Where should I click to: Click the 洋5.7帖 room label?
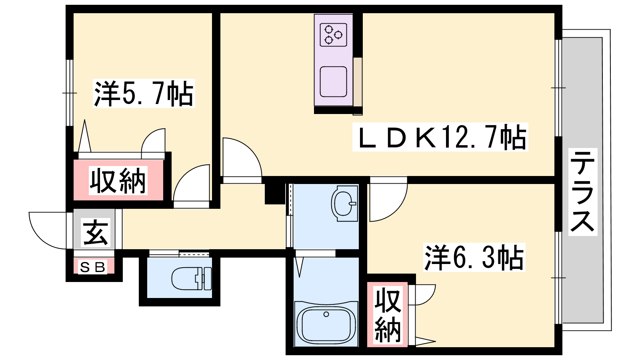pyautogui.click(x=144, y=94)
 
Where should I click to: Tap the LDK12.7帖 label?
pyautogui.click(x=440, y=137)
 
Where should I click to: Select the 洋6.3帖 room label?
pyautogui.click(x=474, y=257)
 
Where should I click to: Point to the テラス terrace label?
pyautogui.click(x=582, y=192)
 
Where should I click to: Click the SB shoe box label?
pyautogui.click(x=92, y=267)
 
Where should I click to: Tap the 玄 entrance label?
pyautogui.click(x=96, y=232)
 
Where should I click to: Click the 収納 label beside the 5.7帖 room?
pyautogui.click(x=118, y=180)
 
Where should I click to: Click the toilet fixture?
pyautogui.click(x=192, y=278)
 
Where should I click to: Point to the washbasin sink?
pyautogui.click(x=344, y=204)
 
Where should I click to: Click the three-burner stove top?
pyautogui.click(x=334, y=34)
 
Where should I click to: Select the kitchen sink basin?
pyautogui.click(x=334, y=82)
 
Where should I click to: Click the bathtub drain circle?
pyautogui.click(x=326, y=314)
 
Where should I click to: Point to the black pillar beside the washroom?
pyautogui.click(x=275, y=194)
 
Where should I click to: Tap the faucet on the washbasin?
pyautogui.click(x=352, y=204)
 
